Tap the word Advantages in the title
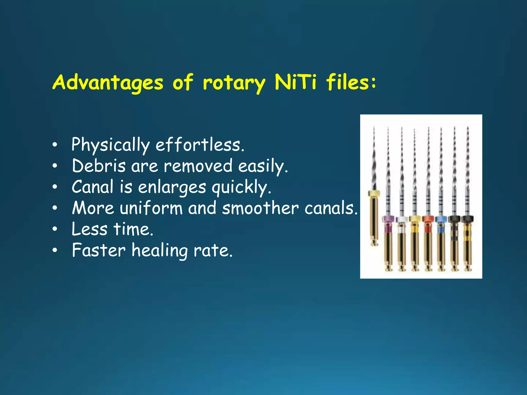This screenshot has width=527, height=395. coord(108,83)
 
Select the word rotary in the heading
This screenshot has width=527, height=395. coord(234,83)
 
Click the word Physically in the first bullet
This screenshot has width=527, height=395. coord(110,145)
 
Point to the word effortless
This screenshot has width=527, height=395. coord(200,145)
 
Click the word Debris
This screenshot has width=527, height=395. coord(99,166)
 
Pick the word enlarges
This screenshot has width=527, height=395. coord(172,187)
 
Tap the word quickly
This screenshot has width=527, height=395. coord(241,187)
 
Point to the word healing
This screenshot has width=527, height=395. coord(160,250)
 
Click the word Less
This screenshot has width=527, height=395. coord(89,229)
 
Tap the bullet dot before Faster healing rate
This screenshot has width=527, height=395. coord(55,250)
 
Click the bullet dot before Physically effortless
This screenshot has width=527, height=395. coord(55,145)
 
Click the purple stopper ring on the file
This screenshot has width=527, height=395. coord(388,219)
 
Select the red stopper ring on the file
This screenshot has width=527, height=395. coord(428,219)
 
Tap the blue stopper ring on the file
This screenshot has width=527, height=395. coord(441,219)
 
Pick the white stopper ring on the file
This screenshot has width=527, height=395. coord(401,219)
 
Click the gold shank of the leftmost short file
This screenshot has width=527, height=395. coord(374,221)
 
